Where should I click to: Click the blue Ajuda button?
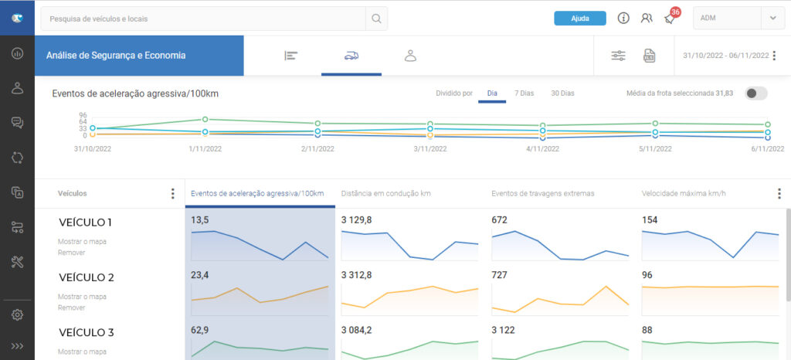[579, 18]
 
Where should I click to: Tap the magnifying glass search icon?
[376, 19]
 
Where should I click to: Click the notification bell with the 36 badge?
[670, 19]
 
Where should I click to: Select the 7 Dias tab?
[524, 93]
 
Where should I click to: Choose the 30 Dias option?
[562, 93]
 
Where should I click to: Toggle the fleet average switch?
[755, 93]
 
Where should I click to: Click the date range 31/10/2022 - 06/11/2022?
[725, 56]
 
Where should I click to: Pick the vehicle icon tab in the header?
[351, 56]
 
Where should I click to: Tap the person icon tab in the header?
[411, 56]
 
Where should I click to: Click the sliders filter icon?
[619, 56]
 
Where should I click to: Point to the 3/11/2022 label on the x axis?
[430, 149]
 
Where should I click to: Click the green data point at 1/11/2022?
[205, 120]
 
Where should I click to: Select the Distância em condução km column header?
[386, 193]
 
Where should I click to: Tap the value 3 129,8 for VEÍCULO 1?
[357, 220]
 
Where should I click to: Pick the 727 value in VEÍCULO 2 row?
[500, 275]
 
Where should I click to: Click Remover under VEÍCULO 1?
[71, 253]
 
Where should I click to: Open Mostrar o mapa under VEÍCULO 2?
[82, 297]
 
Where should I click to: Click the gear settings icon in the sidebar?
[17, 314]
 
